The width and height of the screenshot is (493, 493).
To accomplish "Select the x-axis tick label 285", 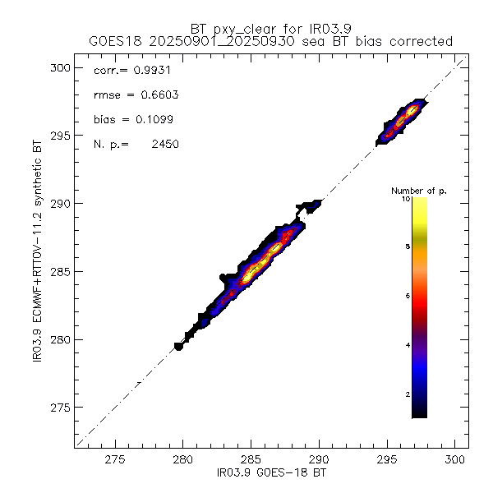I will [x=251, y=461].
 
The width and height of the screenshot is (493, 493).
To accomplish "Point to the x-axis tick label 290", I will [x=319, y=461].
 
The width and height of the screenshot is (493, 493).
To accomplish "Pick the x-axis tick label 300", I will [x=455, y=461].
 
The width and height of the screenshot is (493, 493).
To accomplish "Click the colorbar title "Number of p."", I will [x=418, y=191].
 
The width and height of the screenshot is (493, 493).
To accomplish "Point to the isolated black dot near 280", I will [x=178, y=347].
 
